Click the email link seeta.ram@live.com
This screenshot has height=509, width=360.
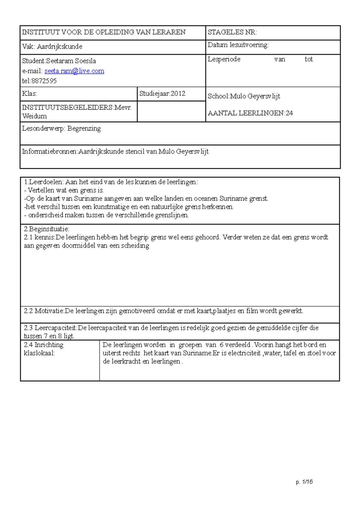tap(74, 71)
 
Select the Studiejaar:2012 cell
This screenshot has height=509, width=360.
tap(162, 94)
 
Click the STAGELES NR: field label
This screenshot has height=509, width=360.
tap(232, 32)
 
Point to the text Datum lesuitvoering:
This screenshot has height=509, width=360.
tap(238, 45)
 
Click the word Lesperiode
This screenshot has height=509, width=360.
tap(224, 59)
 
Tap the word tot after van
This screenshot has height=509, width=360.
tap(309, 59)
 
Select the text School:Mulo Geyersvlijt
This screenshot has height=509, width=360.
tap(244, 96)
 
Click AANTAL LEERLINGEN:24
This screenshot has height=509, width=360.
tap(250, 113)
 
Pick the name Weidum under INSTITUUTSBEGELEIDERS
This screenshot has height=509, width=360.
tap(34, 116)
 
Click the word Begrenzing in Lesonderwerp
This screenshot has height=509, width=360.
tap(84, 129)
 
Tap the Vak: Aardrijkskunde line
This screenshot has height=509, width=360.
tap(52, 46)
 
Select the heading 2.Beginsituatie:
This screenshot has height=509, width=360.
tap(46, 229)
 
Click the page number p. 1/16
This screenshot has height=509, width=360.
tap(304, 482)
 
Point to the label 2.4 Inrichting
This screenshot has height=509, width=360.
tap(43, 345)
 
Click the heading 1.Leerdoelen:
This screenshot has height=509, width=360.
tap(44, 182)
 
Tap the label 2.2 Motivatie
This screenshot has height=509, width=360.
tap(44, 311)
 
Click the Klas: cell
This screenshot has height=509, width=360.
tap(29, 94)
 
